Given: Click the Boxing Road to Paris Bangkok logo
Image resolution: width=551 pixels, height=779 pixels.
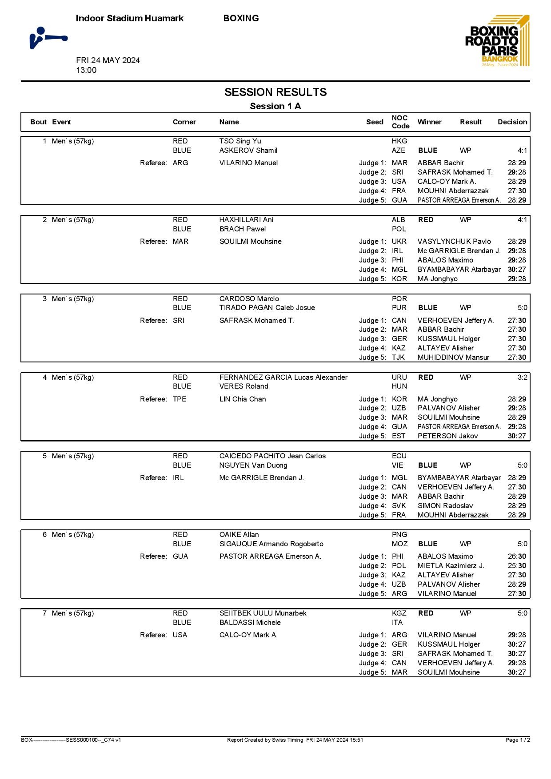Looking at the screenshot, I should click(497, 41).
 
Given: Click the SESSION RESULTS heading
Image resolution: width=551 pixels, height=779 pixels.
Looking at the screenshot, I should click(275, 92).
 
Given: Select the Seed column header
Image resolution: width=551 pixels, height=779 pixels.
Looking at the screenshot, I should click(375, 122).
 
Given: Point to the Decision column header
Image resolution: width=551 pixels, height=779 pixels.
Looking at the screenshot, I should click(512, 122).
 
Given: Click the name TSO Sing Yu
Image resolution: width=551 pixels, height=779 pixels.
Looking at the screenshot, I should click(240, 141).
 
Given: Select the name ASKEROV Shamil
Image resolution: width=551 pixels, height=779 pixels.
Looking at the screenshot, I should click(248, 151).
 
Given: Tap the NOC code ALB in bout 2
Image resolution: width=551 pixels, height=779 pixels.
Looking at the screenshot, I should click(398, 220).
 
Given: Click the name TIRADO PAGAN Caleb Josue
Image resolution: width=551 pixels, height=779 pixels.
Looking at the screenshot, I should click(267, 308).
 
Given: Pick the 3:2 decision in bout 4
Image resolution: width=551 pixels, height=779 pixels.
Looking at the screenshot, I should click(522, 378).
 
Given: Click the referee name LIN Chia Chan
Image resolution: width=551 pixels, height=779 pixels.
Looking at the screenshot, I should click(243, 399).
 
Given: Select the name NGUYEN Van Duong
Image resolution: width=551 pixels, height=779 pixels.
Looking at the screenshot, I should click(253, 465).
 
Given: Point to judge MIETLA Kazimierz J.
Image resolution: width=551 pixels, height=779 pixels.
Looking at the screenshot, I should click(451, 566).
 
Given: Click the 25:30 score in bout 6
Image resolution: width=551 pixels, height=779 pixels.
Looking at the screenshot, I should click(517, 566).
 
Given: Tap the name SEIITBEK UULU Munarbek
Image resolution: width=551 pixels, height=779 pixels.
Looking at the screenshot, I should click(263, 613).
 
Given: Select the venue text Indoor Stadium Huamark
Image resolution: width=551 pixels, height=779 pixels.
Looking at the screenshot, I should click(129, 18).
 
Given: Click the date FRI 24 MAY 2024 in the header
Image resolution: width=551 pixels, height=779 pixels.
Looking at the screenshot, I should click(108, 60).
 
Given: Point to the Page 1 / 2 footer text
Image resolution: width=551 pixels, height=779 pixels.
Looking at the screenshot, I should click(518, 740).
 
